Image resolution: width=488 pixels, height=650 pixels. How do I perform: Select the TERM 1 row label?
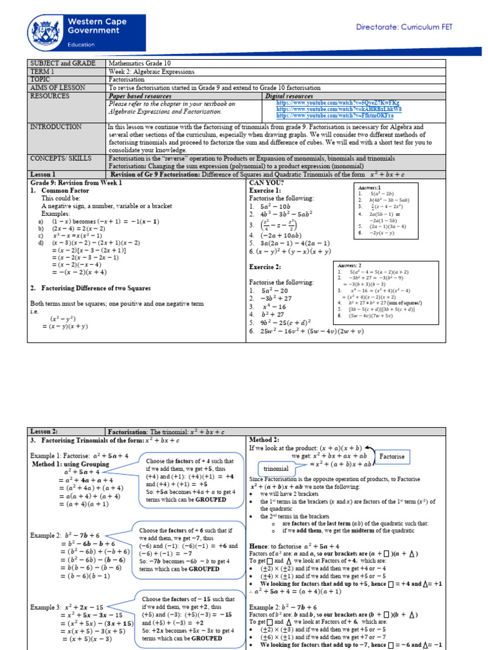coord(43,71)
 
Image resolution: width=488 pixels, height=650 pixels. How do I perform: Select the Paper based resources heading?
coord(144,96)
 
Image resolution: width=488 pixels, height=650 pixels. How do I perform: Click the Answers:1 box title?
coord(371,188)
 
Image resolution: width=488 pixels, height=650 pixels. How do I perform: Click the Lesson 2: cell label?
coord(44,430)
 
